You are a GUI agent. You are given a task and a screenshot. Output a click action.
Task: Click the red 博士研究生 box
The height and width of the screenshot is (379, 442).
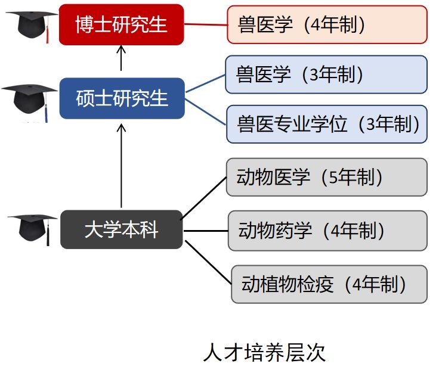[122, 24]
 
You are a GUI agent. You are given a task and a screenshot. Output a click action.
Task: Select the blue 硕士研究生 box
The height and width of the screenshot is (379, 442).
[122, 98]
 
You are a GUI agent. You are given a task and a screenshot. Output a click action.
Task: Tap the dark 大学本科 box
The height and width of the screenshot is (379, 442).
[122, 229]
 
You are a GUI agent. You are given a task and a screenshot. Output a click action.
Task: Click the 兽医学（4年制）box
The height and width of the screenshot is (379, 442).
[327, 24]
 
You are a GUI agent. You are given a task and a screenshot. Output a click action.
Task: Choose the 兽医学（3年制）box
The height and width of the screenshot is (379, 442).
[326, 74]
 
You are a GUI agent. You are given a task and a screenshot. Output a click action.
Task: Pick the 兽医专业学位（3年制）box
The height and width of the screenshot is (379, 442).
[327, 124]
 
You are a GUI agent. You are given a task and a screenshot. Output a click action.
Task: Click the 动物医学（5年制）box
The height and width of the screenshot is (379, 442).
[327, 177]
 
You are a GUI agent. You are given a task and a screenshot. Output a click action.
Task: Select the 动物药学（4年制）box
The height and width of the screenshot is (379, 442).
[327, 231]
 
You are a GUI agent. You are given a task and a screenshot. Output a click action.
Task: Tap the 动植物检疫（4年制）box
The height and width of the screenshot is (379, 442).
[329, 284]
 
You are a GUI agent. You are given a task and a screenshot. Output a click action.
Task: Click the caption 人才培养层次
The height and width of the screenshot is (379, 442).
[264, 352]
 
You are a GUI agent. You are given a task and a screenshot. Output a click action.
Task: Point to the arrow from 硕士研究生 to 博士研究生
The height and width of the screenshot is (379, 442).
[121, 58]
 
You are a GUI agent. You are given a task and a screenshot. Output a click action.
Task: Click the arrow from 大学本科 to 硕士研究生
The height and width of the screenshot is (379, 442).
[121, 166]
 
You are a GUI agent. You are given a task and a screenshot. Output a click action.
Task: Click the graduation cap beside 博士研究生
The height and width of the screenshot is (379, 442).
[31, 27]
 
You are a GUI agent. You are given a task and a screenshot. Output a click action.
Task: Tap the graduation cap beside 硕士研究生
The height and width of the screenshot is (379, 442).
[29, 102]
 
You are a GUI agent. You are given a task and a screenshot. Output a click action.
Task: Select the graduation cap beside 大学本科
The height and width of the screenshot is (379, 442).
[32, 229]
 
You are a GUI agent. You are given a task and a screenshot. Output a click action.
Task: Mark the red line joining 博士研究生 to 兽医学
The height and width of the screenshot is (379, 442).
[206, 24]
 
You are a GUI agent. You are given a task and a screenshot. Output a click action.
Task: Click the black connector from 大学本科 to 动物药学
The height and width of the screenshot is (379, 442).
[206, 231]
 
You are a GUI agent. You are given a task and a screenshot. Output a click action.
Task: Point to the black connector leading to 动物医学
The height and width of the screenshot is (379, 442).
[203, 198]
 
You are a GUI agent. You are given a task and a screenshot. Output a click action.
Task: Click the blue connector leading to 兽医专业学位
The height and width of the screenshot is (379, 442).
[206, 112]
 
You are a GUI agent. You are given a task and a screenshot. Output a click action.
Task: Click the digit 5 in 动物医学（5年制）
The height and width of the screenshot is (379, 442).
[333, 178]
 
